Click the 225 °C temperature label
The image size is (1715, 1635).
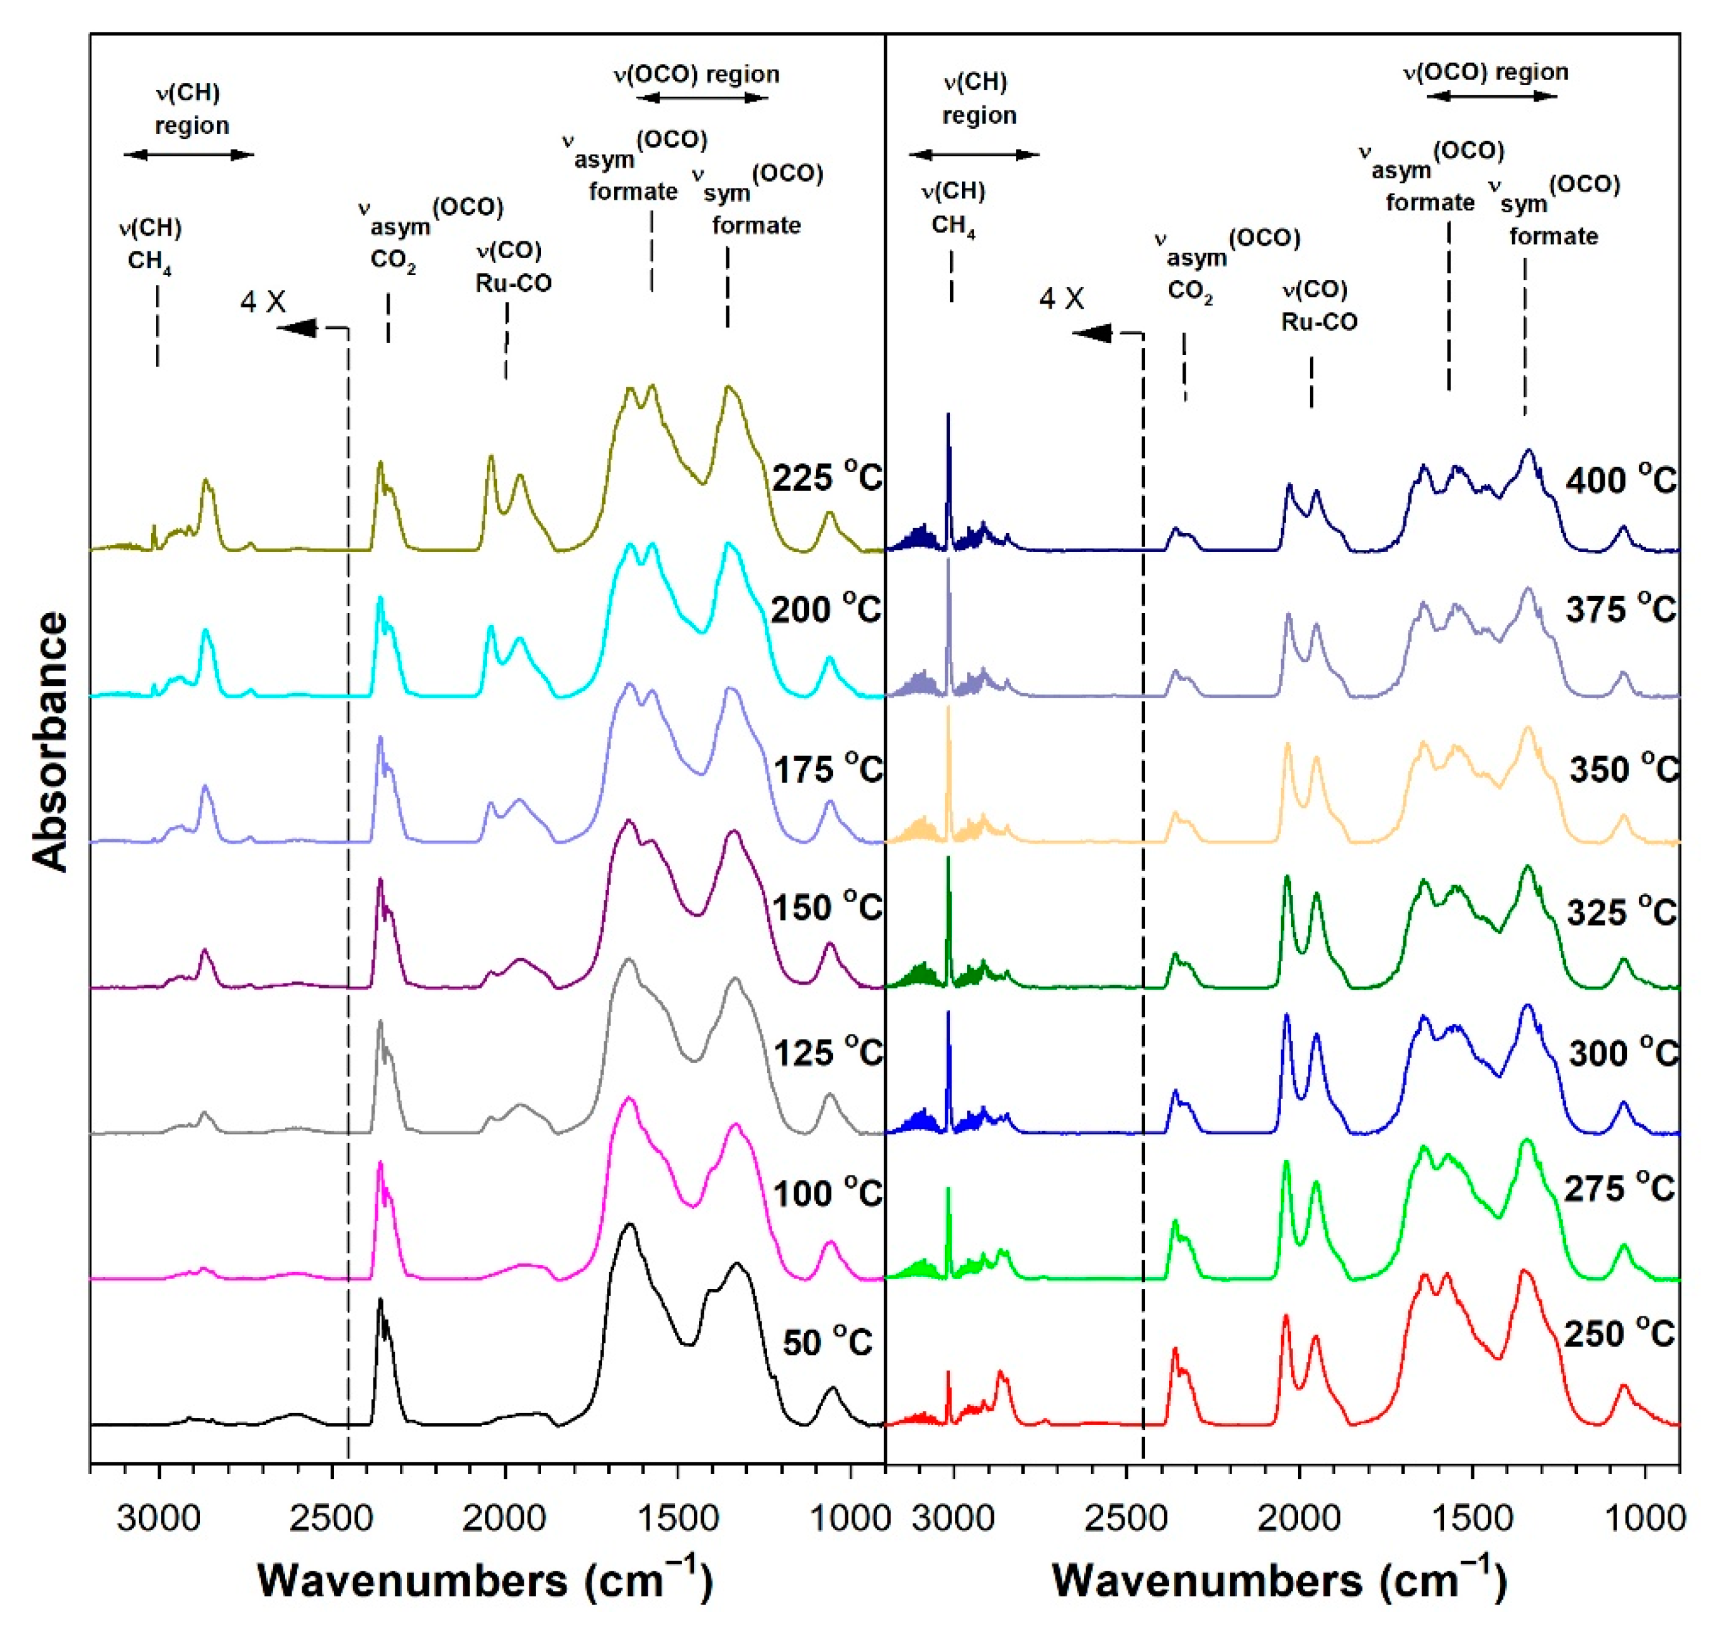[826, 478]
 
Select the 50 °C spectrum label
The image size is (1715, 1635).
[826, 1341]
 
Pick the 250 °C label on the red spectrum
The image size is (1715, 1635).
[1618, 1333]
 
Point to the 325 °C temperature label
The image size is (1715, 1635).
[1621, 912]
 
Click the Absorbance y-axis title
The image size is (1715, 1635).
[50, 741]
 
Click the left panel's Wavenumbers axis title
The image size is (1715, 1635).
[484, 1580]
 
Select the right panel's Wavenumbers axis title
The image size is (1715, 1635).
[1279, 1580]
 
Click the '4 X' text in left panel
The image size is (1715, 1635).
[262, 302]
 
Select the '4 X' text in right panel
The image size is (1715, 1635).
[1060, 299]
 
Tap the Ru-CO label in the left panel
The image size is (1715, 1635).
[512, 283]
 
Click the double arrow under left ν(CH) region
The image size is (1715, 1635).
[188, 155]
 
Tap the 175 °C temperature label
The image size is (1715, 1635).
[828, 769]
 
